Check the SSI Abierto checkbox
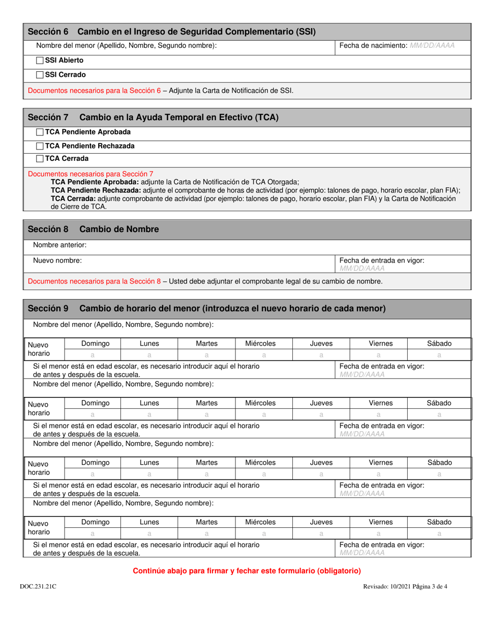40,61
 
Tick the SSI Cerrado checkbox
40,75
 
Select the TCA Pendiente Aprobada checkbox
40,132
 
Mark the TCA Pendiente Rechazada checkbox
40,146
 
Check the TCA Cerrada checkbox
40,159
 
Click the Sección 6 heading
171,32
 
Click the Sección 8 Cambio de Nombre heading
93,230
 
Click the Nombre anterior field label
59,245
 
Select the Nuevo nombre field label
57,261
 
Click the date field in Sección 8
362,268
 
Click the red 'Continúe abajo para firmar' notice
247,571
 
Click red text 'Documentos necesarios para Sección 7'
90,174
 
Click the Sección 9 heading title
206,308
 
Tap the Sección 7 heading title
153,118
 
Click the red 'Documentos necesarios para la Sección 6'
94,91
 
